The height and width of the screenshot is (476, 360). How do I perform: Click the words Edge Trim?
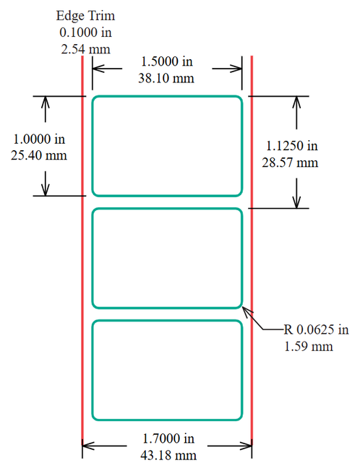click(86, 17)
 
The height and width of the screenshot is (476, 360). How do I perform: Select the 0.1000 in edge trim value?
click(86, 33)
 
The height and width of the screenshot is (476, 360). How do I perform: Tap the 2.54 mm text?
click(86, 49)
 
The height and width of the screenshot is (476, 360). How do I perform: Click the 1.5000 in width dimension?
click(167, 61)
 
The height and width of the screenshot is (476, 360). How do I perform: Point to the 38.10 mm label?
click(166, 78)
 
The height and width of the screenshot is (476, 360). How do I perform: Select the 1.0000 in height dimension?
click(39, 139)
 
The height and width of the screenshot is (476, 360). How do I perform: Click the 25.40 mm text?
click(39, 155)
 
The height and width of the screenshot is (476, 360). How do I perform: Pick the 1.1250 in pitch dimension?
click(292, 146)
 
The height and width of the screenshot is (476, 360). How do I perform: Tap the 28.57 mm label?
click(290, 163)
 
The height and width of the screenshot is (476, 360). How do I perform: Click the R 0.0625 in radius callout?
click(316, 329)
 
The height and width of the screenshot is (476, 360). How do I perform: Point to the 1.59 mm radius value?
click(309, 347)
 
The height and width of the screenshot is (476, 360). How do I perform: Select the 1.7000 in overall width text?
click(168, 438)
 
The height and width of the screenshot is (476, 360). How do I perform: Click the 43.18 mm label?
click(168, 455)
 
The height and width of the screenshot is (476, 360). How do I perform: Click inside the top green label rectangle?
click(167, 146)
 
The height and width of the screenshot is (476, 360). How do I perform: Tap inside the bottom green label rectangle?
click(167, 370)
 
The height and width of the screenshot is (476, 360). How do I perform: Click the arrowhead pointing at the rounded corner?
click(247, 311)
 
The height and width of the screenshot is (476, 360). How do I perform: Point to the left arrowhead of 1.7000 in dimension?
click(87, 446)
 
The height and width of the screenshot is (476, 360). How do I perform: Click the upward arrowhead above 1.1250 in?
click(296, 102)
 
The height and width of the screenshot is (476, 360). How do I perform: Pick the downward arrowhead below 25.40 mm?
click(46, 190)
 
